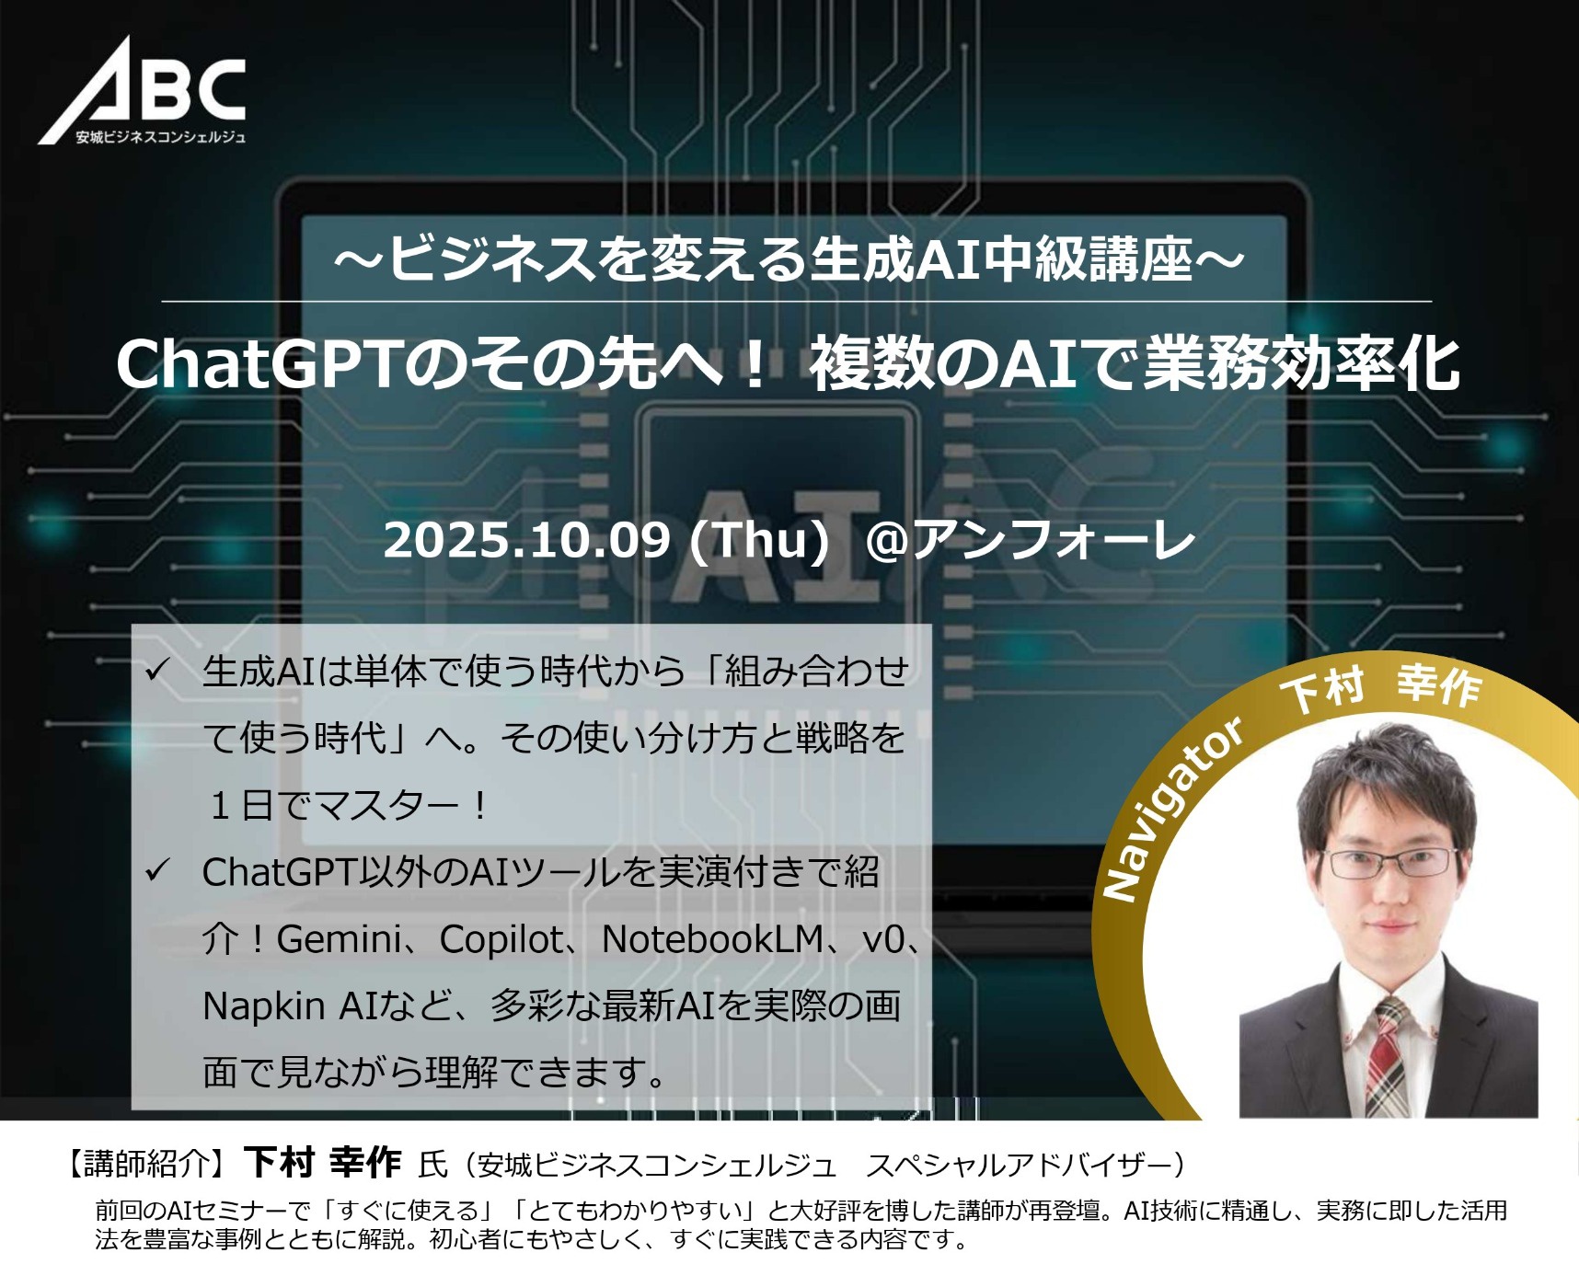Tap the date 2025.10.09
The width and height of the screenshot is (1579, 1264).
(526, 540)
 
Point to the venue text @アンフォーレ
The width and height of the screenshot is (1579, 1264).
(1031, 540)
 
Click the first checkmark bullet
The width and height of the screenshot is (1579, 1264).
(157, 669)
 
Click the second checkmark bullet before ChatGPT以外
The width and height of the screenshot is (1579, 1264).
(157, 869)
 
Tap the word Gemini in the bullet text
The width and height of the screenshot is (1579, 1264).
(340, 939)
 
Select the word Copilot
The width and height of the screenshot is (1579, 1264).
(501, 939)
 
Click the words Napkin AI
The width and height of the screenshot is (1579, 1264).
(291, 1006)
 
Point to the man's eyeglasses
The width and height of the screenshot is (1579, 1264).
(1390, 863)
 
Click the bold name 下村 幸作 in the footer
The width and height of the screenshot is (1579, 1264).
(322, 1163)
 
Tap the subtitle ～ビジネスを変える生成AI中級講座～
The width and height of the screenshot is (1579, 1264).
(789, 259)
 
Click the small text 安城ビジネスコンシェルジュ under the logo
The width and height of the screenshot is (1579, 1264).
(161, 137)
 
